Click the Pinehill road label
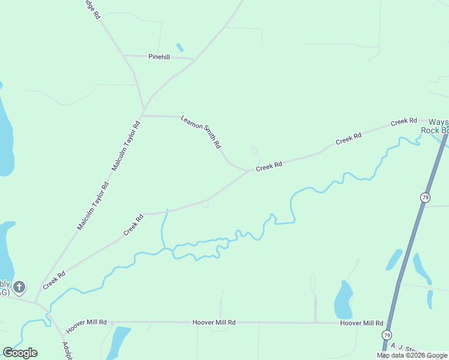click(159, 56)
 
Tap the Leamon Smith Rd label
click(202, 132)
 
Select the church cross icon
click(19, 287)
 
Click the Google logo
click(20, 352)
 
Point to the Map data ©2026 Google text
click(412, 356)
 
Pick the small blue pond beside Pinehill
click(179, 47)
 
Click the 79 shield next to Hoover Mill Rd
click(387, 334)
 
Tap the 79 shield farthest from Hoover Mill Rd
click(425, 197)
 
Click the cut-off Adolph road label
click(67, 350)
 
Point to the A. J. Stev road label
click(402, 348)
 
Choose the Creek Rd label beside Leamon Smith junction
click(268, 166)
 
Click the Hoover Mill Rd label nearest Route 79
click(361, 323)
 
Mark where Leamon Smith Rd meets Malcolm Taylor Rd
click(143, 115)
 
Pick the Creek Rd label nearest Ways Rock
click(403, 122)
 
